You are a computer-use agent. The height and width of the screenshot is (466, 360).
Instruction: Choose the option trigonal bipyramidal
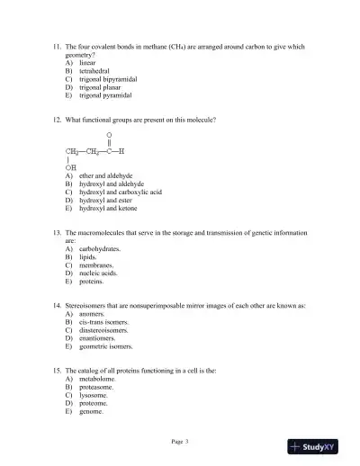tap(108, 79)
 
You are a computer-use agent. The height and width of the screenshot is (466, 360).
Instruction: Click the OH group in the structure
tap(70, 166)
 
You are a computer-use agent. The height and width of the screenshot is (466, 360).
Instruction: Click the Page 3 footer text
tap(180, 441)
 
